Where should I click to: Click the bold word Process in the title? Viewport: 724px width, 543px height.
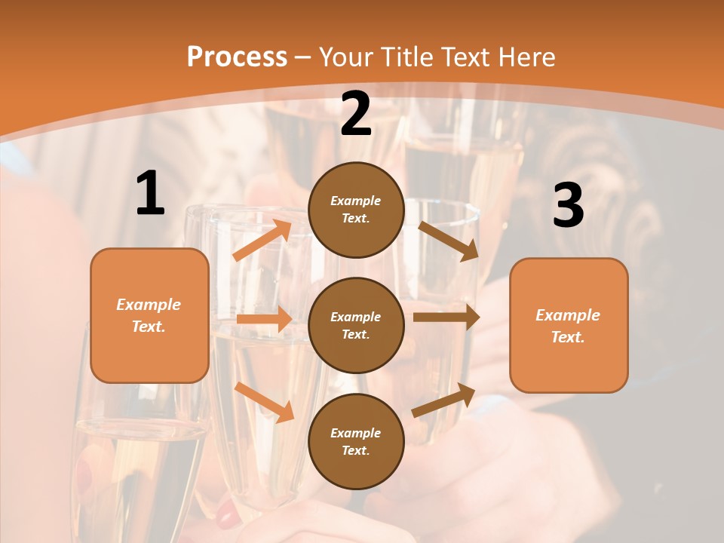(237, 57)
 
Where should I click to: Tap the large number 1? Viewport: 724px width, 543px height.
(150, 194)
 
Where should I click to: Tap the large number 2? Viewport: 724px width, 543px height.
(356, 114)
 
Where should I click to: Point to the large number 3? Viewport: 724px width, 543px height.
(568, 206)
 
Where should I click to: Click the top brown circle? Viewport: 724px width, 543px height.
(356, 210)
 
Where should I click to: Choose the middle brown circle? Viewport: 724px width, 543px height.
(356, 326)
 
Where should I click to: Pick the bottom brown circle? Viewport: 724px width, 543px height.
(356, 442)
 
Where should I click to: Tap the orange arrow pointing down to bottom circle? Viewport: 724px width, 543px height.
(264, 402)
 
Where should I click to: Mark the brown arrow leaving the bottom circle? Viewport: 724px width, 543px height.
(443, 400)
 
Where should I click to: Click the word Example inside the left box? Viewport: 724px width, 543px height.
(149, 305)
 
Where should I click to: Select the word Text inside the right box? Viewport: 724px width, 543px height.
(567, 337)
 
